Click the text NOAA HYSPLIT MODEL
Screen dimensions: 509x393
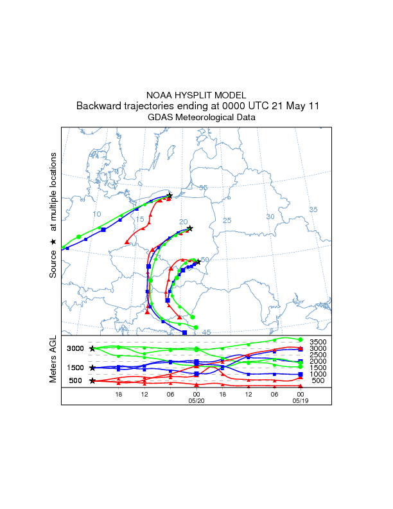[x=196, y=95]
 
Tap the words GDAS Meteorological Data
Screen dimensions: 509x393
[x=202, y=118]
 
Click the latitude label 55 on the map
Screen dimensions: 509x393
[x=203, y=188]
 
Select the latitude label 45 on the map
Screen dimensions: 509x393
[x=206, y=332]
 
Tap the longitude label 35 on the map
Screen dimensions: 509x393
[x=313, y=210]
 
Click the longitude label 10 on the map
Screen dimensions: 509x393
[x=97, y=214]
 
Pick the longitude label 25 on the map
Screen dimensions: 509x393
[x=226, y=221]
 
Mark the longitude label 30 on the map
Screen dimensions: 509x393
[x=270, y=217]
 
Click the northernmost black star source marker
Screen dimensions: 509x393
[x=170, y=195]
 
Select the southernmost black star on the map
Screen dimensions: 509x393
[x=198, y=262]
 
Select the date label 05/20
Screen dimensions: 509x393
[x=196, y=400]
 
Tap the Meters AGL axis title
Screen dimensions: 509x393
[x=54, y=361]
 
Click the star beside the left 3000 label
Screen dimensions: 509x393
[x=92, y=348]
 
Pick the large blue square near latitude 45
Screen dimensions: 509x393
[x=185, y=332]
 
